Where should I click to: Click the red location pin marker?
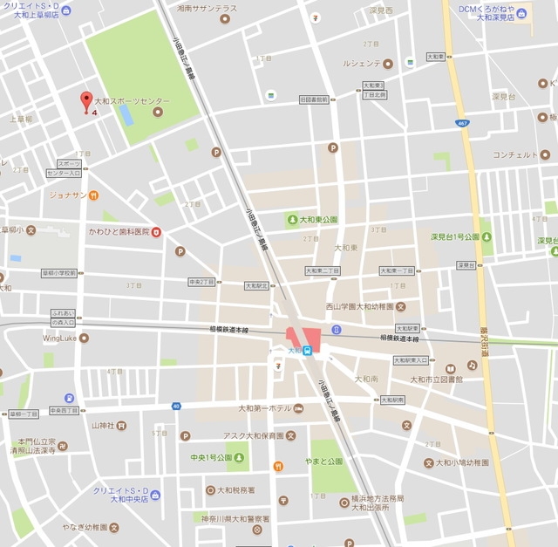[x=86, y=101]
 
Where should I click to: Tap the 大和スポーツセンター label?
[x=132, y=102]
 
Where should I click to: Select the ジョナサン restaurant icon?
[x=93, y=195]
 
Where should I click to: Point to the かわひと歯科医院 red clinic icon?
[x=157, y=231]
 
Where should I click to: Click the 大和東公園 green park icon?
[x=292, y=220]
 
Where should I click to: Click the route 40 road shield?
[x=176, y=406]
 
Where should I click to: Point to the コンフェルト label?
[x=514, y=154]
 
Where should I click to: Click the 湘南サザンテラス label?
[x=206, y=8]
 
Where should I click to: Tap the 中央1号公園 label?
[x=212, y=457]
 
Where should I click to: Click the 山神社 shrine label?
[x=103, y=426]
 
